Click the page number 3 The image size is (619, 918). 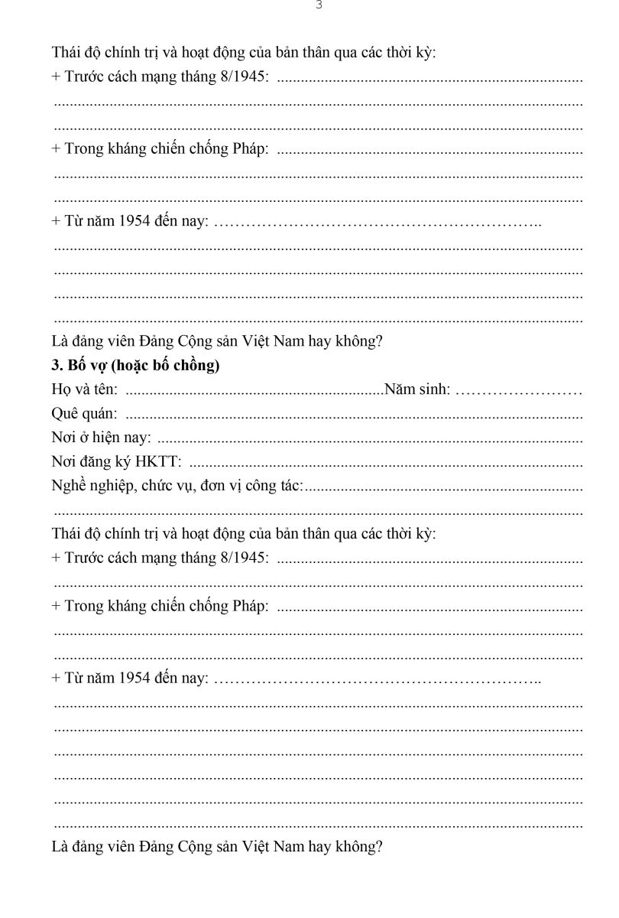point(319,5)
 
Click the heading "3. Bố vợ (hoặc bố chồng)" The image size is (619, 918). point(135,366)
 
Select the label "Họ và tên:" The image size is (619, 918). point(84,390)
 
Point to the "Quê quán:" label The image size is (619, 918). point(84,414)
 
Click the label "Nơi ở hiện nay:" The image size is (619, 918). point(101,438)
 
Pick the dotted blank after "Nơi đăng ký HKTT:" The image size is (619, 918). point(385,464)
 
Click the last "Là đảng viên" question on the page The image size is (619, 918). point(216,847)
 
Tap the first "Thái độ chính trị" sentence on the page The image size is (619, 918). point(243,53)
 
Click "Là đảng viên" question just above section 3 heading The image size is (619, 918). point(216,342)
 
